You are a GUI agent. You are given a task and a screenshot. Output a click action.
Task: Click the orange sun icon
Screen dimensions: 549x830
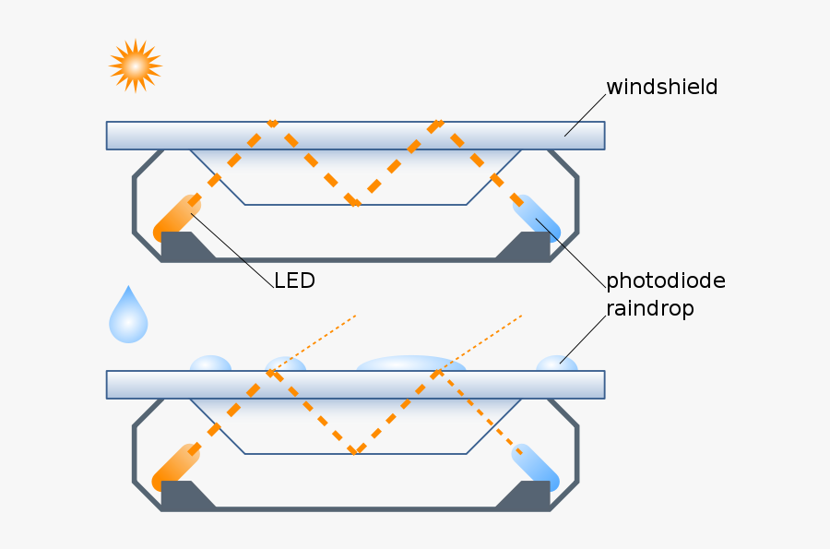[135, 66]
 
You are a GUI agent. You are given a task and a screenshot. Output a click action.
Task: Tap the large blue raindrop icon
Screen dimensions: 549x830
[128, 317]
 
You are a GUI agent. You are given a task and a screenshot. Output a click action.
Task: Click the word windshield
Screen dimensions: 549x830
[661, 88]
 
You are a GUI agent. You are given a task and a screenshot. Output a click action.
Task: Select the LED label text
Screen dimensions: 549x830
[294, 280]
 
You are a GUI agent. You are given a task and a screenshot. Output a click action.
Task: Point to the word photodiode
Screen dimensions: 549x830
[665, 280]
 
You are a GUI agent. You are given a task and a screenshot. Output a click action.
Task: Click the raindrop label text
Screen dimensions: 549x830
[649, 308]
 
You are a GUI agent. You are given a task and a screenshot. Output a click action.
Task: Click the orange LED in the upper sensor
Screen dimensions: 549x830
[176, 218]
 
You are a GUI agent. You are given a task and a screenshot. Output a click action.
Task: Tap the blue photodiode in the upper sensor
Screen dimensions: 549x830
[536, 218]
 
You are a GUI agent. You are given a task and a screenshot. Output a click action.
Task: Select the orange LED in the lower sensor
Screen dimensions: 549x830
[176, 467]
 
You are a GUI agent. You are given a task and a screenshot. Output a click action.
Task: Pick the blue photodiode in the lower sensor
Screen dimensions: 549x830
[536, 467]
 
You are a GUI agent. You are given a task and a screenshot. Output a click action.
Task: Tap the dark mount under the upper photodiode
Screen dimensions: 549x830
[526, 245]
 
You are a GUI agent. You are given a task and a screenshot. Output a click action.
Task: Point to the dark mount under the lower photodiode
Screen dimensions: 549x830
[526, 495]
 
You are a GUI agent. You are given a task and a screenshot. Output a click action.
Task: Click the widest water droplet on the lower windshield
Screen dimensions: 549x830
[410, 364]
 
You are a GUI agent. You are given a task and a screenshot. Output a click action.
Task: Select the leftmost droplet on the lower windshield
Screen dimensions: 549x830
[210, 364]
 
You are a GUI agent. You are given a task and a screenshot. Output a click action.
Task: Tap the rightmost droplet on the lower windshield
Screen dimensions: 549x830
[556, 364]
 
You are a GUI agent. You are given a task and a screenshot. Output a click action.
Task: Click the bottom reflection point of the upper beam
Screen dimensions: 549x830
[356, 202]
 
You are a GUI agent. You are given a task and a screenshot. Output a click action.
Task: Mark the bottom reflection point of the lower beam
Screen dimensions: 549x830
[356, 451]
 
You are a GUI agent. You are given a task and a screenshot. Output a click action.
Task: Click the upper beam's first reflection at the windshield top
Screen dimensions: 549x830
[273, 124]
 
